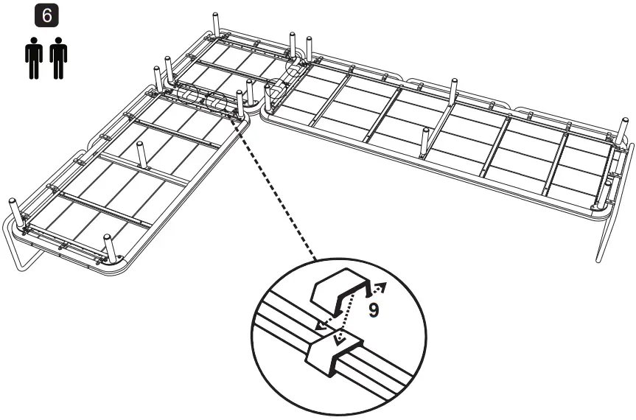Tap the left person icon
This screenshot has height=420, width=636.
tap(33, 57)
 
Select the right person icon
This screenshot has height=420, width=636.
tap(58, 57)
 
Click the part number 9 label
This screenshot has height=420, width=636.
tap(374, 310)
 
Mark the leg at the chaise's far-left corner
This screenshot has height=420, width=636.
tap(14, 210)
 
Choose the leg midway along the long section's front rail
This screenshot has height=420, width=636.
tap(425, 141)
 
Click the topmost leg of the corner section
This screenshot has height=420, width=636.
tap(216, 23)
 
